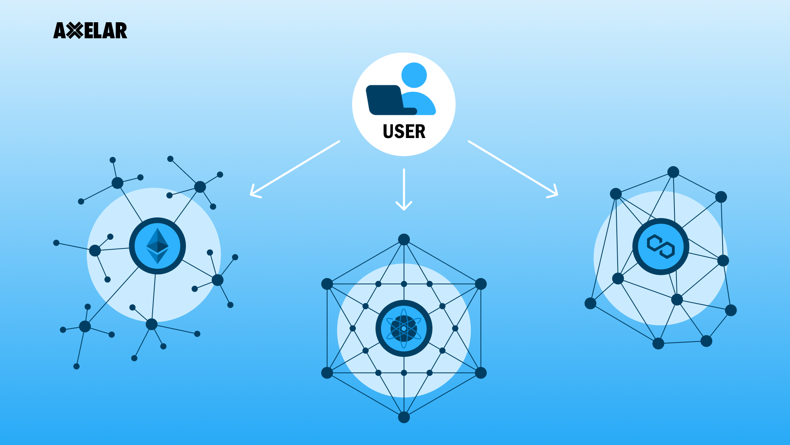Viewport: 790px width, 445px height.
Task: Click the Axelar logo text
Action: pos(90,30)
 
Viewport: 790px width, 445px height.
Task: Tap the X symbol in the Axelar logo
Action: pos(74,30)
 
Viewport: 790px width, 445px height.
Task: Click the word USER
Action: pos(404,132)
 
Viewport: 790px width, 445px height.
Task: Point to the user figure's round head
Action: pos(414,75)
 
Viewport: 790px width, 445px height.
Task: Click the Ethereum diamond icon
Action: pos(157,246)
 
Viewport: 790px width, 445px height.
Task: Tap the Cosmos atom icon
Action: pos(404,328)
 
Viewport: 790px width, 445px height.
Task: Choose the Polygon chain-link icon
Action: pos(660,246)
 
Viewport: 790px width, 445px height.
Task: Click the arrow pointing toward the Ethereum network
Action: pos(294,169)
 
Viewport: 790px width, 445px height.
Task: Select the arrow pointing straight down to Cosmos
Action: pos(404,190)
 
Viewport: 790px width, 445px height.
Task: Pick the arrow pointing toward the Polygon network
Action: pos(513,169)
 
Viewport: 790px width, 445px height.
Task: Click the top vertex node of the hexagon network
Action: pos(404,239)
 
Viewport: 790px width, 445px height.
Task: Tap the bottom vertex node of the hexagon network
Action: pos(404,417)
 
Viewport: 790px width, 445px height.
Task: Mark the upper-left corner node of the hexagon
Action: pos(327,284)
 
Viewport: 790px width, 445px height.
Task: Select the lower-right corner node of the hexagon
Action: pos(481,373)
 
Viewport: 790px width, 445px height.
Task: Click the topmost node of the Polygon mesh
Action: pos(673,172)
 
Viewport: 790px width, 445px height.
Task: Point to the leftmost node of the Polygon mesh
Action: pos(590,303)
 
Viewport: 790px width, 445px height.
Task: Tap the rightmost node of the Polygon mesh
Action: pos(731,310)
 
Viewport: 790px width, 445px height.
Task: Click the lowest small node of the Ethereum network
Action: pos(77,366)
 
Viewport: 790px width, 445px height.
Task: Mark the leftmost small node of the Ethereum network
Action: pos(56,243)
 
